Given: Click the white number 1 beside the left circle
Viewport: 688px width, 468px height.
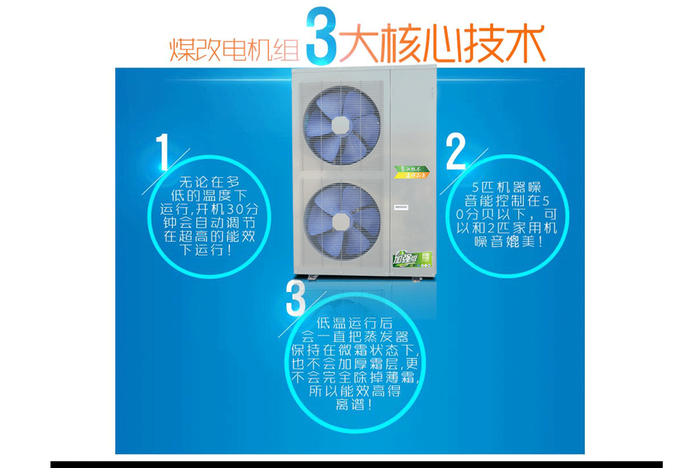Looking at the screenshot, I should (162, 153).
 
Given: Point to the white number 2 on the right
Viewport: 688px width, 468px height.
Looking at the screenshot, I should (456, 151).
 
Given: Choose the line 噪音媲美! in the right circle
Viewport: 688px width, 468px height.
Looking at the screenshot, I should (507, 242).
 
